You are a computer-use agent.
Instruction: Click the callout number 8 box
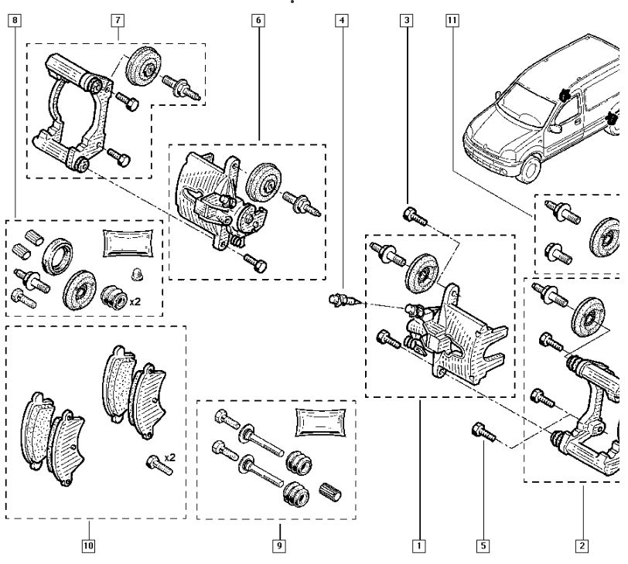pos(15,20)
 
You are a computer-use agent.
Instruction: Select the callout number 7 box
pos(118,20)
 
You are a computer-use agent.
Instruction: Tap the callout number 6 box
pos(258,20)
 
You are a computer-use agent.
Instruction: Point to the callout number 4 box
pos(342,20)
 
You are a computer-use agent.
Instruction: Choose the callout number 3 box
pos(407,20)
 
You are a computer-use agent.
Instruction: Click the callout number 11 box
pos(452,20)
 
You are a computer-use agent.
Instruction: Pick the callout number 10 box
pos(88,545)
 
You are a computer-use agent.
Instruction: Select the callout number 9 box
pos(279,545)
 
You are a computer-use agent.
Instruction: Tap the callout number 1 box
pos(419,545)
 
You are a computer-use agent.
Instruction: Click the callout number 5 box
pos(483,545)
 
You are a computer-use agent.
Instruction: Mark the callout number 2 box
pos(582,545)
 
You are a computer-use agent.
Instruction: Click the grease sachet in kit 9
pos(320,423)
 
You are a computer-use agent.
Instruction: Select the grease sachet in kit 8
pos(128,243)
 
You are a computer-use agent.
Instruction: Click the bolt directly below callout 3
pos(415,216)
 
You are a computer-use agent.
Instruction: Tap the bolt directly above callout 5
pos(484,433)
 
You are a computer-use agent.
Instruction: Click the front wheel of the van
pos(531,169)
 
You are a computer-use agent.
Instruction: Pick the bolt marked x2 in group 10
pos(159,466)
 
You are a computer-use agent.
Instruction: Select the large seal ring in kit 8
pos(57,257)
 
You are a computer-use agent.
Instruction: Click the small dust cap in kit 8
pos(137,275)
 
